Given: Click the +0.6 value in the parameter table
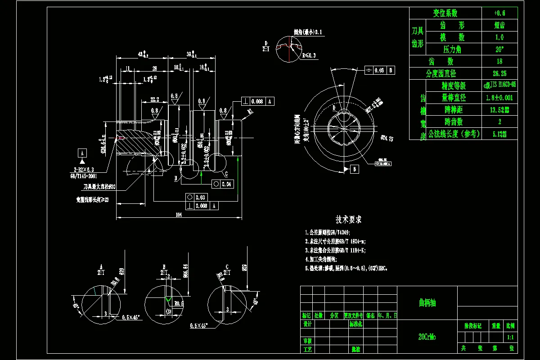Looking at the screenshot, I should coord(499,13).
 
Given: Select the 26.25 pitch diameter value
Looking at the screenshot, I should coord(499,73).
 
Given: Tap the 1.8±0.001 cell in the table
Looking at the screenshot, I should coord(499,98).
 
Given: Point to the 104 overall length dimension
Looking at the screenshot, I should coord(179,215).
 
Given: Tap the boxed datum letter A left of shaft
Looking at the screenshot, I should coord(82,152).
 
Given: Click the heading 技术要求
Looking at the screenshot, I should coord(349,220).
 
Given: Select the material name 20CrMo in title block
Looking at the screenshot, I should coord(427,336).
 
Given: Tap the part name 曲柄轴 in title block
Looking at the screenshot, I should coord(427,303).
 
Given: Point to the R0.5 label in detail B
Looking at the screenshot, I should coord(178,303).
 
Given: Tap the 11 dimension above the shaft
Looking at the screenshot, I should coord(128,68).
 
